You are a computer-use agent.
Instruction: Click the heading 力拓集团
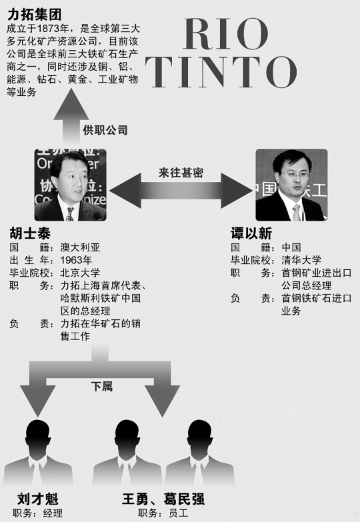point(34,15)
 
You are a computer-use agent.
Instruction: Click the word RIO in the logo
point(225,34)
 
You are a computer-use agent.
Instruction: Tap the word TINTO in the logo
point(221,72)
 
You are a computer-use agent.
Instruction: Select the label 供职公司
point(105,130)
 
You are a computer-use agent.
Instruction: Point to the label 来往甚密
point(181,173)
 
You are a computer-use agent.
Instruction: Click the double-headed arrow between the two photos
point(181,191)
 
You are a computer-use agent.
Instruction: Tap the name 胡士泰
point(30,233)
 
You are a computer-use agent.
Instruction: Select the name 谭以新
point(251,233)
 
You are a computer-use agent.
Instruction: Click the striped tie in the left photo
point(70,214)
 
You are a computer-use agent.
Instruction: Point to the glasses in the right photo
point(293,174)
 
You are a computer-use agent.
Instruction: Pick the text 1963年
point(76,260)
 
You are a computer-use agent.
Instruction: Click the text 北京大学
point(80,273)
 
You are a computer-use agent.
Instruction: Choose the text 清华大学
point(301,260)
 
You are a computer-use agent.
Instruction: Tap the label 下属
point(102,387)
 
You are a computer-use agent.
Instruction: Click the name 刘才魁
point(37,499)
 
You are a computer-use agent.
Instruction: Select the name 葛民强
point(184,499)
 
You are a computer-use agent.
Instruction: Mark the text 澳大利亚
point(80,247)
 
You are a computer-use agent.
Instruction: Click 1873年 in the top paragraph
point(53,29)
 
